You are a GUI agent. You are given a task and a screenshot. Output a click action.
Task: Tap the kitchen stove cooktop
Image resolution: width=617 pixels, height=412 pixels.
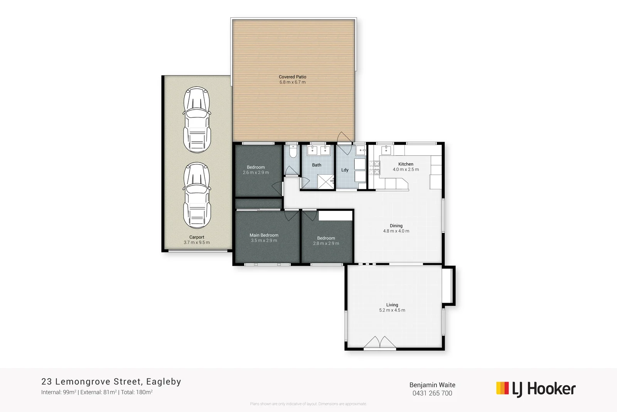point(374,168)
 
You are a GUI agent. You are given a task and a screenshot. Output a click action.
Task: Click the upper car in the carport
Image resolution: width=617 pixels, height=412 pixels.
point(197,120)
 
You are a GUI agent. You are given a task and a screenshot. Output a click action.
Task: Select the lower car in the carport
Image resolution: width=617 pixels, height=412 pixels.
point(197,195)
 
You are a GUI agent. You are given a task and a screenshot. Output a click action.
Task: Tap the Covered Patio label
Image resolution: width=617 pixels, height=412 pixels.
point(292,77)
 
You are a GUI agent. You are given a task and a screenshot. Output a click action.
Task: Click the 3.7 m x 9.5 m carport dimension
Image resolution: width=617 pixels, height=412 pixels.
point(197,242)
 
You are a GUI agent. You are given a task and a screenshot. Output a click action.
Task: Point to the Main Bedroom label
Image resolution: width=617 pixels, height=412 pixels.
point(264,235)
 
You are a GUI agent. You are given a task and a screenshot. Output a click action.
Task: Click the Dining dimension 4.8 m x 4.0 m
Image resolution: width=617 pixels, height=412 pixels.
point(396,231)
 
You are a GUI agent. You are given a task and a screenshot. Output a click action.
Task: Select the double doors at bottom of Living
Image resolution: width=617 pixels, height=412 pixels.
point(380,343)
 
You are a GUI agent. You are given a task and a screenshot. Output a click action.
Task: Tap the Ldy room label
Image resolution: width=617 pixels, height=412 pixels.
point(345,170)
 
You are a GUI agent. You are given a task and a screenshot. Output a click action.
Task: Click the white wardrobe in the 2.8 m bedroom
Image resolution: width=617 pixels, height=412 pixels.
point(335,215)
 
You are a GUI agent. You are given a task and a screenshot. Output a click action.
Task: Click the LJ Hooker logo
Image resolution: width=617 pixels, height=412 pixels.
point(536,389)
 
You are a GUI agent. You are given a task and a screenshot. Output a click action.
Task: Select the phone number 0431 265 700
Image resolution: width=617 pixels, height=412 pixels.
point(432,393)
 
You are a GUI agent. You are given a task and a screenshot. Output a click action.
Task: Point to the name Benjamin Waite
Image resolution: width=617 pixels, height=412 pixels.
point(432,385)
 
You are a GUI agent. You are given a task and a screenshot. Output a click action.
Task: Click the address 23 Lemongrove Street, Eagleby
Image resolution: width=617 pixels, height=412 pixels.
point(111,382)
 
